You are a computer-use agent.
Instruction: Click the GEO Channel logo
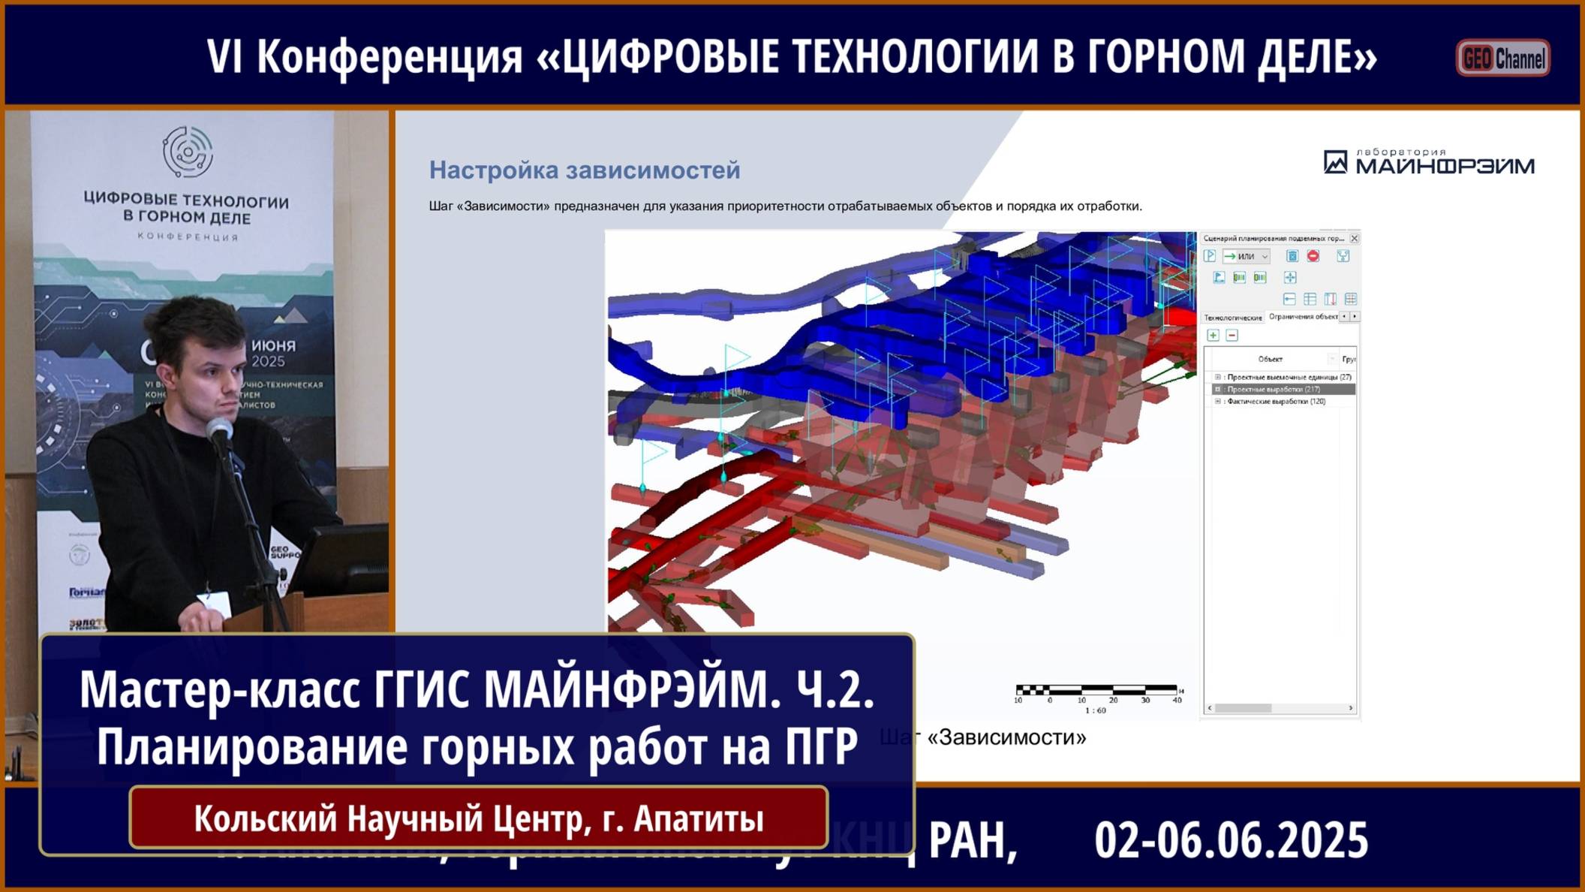pyautogui.click(x=1502, y=59)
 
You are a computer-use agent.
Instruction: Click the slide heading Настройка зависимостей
pyautogui.click(x=584, y=170)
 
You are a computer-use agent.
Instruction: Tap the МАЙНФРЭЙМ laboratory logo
pyautogui.click(x=1429, y=162)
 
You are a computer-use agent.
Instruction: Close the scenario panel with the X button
pyautogui.click(x=1354, y=239)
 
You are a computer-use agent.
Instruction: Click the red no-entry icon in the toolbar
pyautogui.click(x=1313, y=256)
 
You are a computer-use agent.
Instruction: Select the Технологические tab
pyautogui.click(x=1232, y=318)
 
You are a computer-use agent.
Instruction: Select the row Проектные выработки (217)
pyautogui.click(x=1273, y=390)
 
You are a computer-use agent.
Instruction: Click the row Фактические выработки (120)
pyautogui.click(x=1276, y=402)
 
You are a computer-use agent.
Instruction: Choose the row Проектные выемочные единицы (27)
pyautogui.click(x=1289, y=378)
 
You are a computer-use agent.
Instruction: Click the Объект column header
pyautogui.click(x=1270, y=360)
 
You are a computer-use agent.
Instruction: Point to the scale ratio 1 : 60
pyautogui.click(x=1095, y=710)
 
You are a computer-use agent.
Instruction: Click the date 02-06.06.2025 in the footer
pyautogui.click(x=1231, y=840)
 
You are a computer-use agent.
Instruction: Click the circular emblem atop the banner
pyautogui.click(x=188, y=152)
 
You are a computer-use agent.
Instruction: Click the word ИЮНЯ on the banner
pyautogui.click(x=273, y=346)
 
